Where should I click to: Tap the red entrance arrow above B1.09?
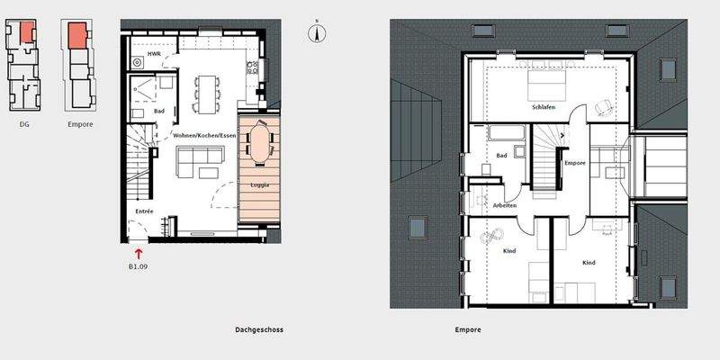pyautogui.click(x=138, y=255)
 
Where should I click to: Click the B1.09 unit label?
pyautogui.click(x=138, y=266)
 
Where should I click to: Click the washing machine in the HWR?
pyautogui.click(x=138, y=63)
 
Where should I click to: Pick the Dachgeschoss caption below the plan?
pyautogui.click(x=253, y=330)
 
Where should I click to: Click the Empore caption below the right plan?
pyautogui.click(x=468, y=330)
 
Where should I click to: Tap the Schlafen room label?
pyautogui.click(x=544, y=107)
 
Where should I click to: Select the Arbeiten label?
pyautogui.click(x=505, y=206)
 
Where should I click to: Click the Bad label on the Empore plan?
pyautogui.click(x=501, y=156)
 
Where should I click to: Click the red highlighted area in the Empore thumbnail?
pyautogui.click(x=78, y=34)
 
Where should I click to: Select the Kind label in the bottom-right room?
pyautogui.click(x=589, y=263)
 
